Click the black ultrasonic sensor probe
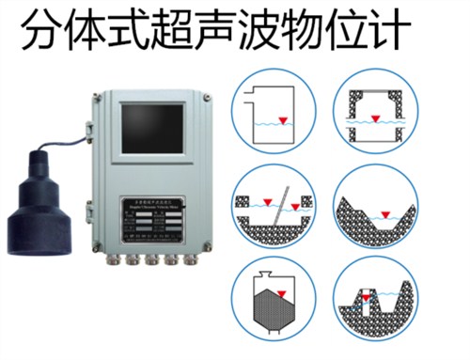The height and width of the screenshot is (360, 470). point(37,211)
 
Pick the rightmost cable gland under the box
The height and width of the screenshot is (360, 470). point(192,260)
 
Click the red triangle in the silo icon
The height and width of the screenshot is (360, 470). point(270,278)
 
